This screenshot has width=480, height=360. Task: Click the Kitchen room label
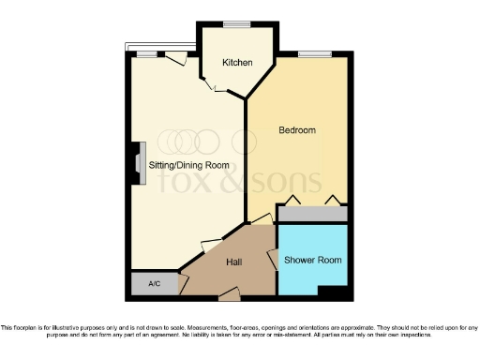(237, 63)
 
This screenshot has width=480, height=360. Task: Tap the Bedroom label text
(297, 129)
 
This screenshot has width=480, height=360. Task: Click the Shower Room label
(314, 260)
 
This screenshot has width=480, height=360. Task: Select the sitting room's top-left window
(146, 53)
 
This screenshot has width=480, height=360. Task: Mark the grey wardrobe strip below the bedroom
(312, 215)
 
